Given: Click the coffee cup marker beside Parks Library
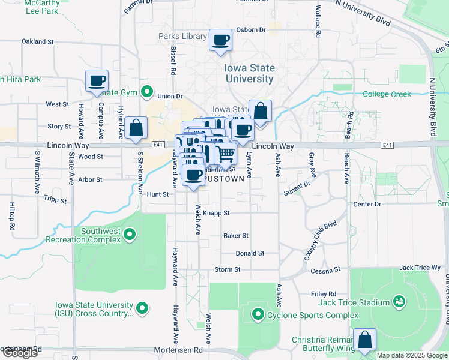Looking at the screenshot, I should [x=220, y=40].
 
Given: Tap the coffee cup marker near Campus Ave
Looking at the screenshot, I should [x=97, y=81].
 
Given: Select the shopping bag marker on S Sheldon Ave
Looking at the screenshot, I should [x=137, y=128].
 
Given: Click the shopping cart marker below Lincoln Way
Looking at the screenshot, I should [x=225, y=154].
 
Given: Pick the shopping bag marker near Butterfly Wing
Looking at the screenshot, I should [x=364, y=340].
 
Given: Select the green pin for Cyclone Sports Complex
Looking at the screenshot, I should [x=258, y=313].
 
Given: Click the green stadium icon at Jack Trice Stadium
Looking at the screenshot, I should [x=397, y=300].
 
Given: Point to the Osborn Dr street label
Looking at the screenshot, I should [x=251, y=30].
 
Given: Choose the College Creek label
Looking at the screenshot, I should [x=387, y=94].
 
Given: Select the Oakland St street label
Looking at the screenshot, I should [x=38, y=42].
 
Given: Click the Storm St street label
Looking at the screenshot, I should [x=227, y=270].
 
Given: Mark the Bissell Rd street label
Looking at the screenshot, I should [x=173, y=60].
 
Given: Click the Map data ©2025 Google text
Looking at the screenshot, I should [x=411, y=355].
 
